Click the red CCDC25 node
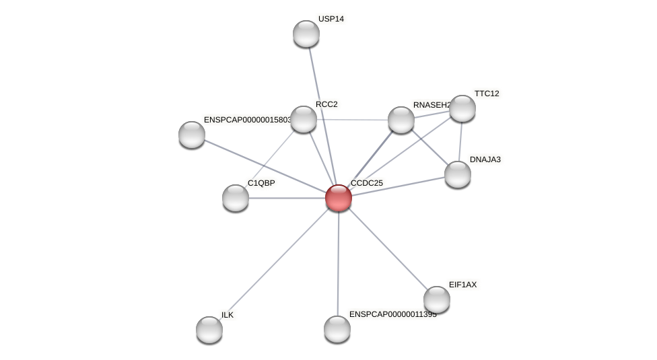338,198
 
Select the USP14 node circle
306,34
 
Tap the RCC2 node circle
304,119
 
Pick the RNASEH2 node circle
401,120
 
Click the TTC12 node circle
462,108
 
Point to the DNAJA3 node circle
458,174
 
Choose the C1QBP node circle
236,198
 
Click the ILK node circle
209,330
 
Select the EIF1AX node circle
437,299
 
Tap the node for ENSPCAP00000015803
192,135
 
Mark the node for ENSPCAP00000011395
337,329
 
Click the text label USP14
331,19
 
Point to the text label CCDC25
366,183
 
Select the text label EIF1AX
462,285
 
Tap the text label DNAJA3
485,159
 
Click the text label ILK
228,315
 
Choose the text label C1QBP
261,183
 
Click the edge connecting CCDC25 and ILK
274,263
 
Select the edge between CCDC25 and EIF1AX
387,248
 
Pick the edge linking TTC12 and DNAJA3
460,141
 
